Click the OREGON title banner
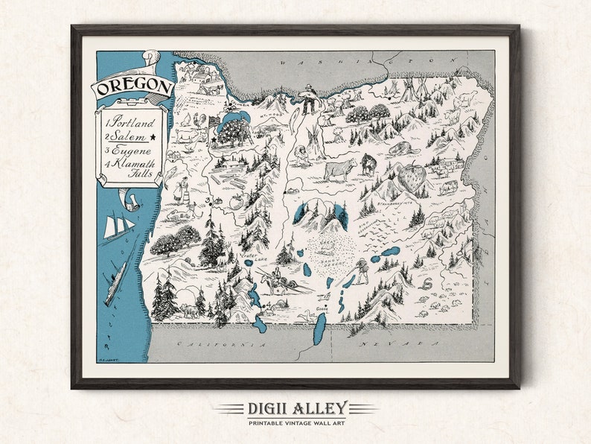pos(132,86)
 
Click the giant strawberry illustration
pos(412,178)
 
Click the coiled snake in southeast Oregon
pos(428,283)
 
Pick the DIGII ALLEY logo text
pos(295,407)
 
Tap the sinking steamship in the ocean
pos(116,284)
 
